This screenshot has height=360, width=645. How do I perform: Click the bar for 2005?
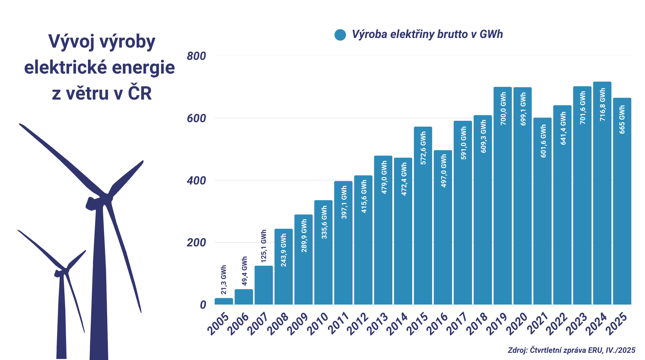(x=224, y=301)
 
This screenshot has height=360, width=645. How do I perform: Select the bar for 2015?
(x=423, y=216)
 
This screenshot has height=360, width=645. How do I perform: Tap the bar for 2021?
(x=542, y=211)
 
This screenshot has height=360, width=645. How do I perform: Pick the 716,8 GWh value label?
(x=603, y=105)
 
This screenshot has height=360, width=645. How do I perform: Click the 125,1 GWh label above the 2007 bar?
(x=264, y=246)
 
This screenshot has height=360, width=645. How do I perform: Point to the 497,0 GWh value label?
(x=444, y=171)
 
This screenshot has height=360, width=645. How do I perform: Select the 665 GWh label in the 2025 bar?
(x=622, y=119)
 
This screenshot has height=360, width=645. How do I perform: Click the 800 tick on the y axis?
(x=197, y=56)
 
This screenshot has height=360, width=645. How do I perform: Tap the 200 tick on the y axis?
(x=197, y=242)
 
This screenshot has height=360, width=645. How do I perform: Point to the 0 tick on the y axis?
(x=203, y=305)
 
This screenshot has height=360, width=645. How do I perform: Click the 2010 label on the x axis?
(x=318, y=323)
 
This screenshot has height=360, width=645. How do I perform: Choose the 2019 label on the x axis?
(x=497, y=323)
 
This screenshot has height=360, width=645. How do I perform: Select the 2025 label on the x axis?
(x=617, y=323)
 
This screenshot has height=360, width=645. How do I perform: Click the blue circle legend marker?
(x=340, y=35)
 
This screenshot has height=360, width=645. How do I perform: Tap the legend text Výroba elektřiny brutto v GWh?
(x=427, y=34)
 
